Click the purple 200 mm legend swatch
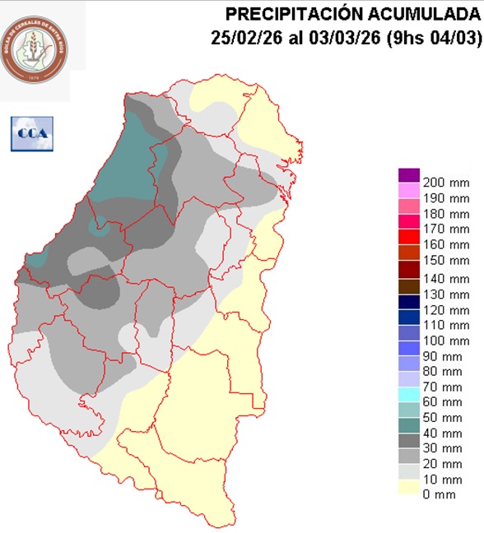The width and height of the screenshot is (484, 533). (409, 174)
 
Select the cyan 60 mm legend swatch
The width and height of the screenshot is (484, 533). (409, 401)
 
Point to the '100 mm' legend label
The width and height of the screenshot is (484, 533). (445, 340)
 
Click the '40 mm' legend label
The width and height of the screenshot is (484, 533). (443, 433)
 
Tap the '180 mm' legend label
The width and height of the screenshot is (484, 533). (445, 215)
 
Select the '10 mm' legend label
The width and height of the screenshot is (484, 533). (443, 480)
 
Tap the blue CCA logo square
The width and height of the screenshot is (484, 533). (31, 133)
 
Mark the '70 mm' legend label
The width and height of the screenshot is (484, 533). (443, 387)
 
